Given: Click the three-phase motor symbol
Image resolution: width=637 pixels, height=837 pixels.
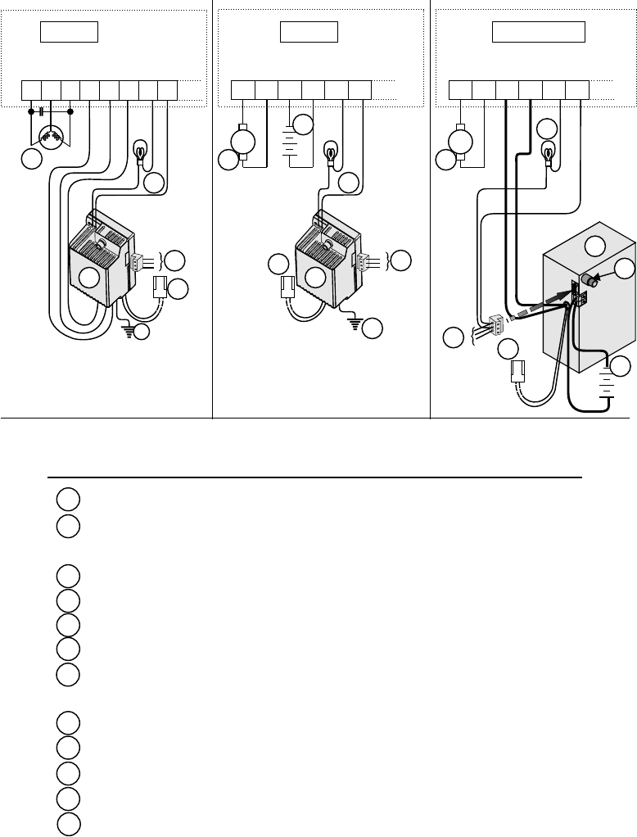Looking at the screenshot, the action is [x=51, y=137].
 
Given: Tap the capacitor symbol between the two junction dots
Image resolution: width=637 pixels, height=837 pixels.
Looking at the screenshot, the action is [x=41, y=111].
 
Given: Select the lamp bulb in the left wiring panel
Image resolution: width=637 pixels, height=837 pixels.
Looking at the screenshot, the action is [x=139, y=150].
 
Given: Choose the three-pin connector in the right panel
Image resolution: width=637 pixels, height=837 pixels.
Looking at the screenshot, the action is [x=496, y=326].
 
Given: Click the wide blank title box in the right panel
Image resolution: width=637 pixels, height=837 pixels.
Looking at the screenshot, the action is [x=538, y=32].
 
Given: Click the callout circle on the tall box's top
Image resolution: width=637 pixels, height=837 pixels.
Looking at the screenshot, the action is [x=597, y=246].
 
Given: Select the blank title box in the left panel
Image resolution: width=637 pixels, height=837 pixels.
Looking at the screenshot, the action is [x=70, y=32].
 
